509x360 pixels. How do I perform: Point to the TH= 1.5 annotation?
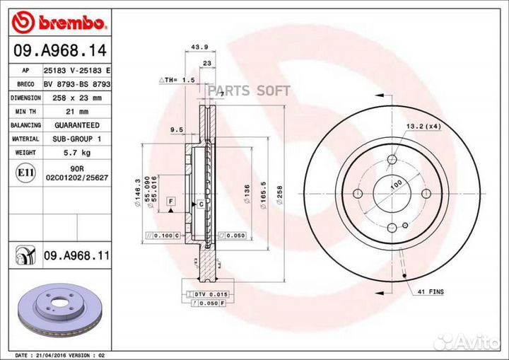point(177,81)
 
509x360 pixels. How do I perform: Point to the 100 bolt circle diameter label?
point(397,184)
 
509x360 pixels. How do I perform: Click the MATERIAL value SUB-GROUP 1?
point(74,139)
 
